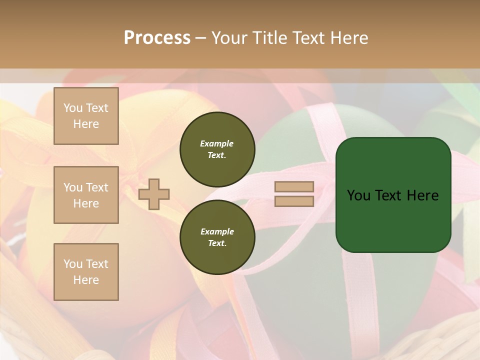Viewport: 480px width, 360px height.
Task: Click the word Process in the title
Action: pyautogui.click(x=157, y=38)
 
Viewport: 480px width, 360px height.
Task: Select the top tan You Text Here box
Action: pyautogui.click(x=86, y=116)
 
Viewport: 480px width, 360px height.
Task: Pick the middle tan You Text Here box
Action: pyautogui.click(x=86, y=195)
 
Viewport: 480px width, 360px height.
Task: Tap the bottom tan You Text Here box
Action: pyautogui.click(x=86, y=272)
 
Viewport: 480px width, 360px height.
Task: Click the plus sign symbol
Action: pyautogui.click(x=154, y=194)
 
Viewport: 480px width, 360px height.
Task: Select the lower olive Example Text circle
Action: pyautogui.click(x=217, y=237)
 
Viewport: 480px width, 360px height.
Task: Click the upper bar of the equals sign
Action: pyautogui.click(x=294, y=187)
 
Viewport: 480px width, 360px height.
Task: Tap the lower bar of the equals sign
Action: pyautogui.click(x=294, y=201)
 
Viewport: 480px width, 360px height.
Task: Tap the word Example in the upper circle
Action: pyautogui.click(x=217, y=143)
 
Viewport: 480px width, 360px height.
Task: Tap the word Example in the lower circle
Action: pyautogui.click(x=217, y=231)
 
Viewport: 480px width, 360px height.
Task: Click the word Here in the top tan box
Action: pyautogui.click(x=86, y=124)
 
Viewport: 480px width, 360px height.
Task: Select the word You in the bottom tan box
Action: pyautogui.click(x=73, y=264)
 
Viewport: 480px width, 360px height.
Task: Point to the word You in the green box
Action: pyautogui.click(x=359, y=195)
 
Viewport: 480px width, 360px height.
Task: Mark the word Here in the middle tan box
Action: pyautogui.click(x=86, y=203)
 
